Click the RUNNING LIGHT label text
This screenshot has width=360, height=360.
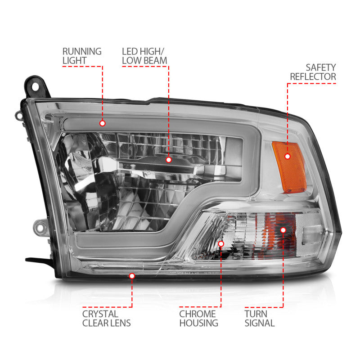[x=82, y=56]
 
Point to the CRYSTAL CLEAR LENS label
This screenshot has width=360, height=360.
[x=106, y=318]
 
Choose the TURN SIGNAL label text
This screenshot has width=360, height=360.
[x=260, y=318]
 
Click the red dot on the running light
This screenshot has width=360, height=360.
[x=102, y=123]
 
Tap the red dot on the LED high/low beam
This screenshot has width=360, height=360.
[x=168, y=159]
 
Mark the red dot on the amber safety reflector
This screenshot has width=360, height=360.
[x=286, y=156]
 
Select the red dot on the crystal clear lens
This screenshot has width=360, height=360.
[x=132, y=275]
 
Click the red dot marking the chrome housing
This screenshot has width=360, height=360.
[x=221, y=243]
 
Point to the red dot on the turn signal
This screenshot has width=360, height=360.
[x=283, y=229]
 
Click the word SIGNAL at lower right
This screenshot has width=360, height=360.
[x=260, y=323]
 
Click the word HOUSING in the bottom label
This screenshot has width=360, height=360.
[x=198, y=323]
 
